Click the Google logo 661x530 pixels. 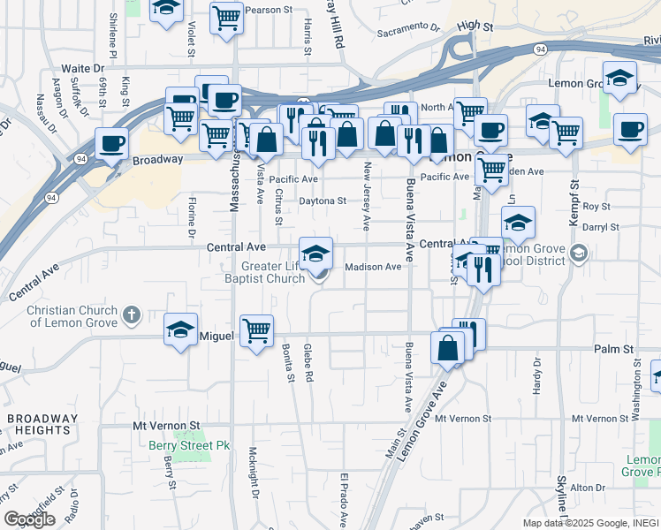coord(29,519)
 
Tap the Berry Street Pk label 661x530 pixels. coord(189,446)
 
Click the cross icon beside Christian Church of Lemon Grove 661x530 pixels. coord(131,314)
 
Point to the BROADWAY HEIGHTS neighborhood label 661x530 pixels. coord(42,425)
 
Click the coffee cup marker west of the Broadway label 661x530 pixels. coord(112,143)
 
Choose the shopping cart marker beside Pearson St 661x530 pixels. coord(226,17)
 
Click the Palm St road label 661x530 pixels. coord(615,350)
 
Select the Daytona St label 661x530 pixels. coord(323,201)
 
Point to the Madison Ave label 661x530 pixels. coord(373,267)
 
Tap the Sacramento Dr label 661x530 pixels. coord(408,28)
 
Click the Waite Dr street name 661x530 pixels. coord(83,68)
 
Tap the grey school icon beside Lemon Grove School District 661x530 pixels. coord(579,254)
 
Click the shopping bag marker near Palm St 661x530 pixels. coord(448,347)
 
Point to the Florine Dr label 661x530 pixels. coord(191,219)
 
